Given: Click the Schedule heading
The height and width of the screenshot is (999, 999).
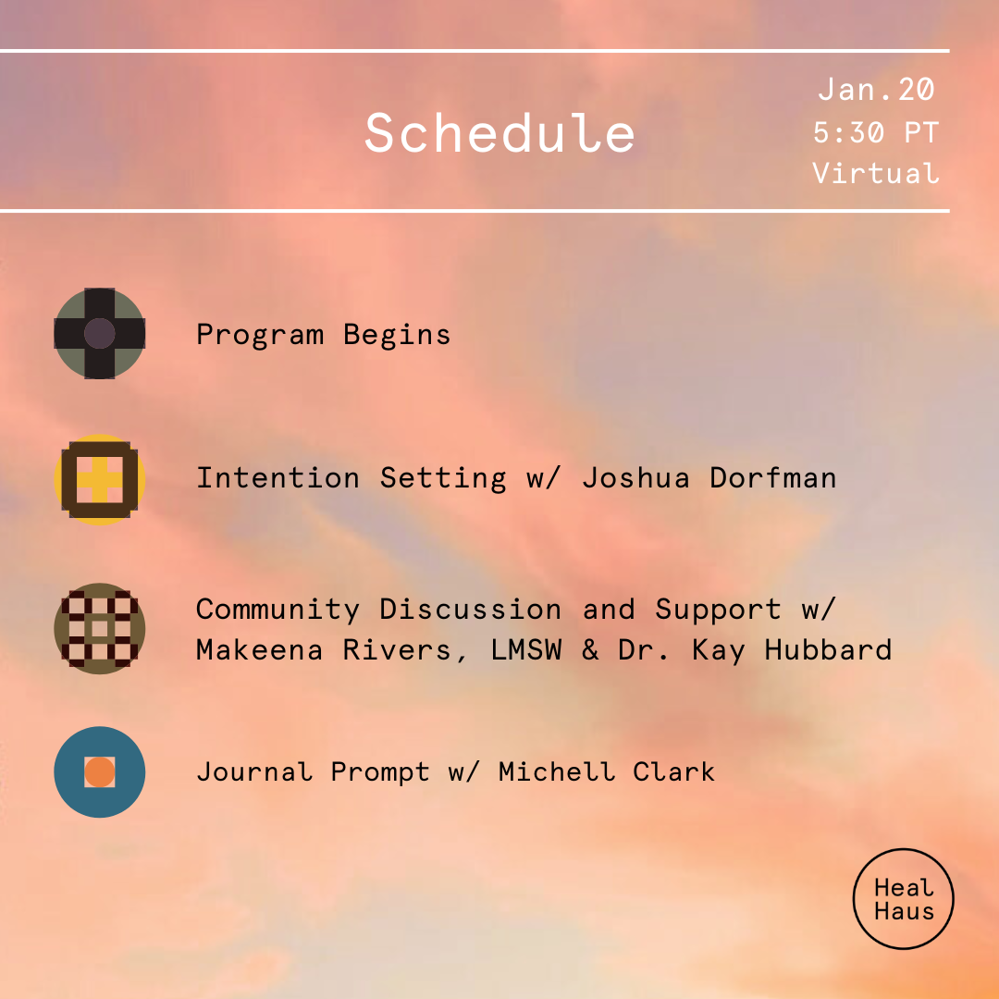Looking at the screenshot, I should click(499, 132).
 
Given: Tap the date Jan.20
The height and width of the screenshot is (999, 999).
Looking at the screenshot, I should click(876, 90).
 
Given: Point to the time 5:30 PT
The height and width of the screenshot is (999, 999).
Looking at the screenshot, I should click(875, 132).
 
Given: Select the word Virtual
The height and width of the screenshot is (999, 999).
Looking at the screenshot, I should click(875, 173).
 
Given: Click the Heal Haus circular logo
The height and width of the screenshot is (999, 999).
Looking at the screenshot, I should click(903, 899).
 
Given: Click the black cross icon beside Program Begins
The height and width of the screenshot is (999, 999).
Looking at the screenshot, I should click(100, 333).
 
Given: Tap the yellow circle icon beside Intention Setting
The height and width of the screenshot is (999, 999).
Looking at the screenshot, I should click(100, 479).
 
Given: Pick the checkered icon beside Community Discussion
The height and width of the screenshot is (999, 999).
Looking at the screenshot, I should click(100, 629).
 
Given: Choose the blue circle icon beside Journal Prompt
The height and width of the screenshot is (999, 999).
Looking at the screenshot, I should click(100, 771).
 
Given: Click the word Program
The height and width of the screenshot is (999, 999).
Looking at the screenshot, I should click(260, 334).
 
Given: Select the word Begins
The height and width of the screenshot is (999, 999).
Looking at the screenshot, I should click(397, 334).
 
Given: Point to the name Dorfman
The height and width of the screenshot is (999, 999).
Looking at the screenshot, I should click(773, 478).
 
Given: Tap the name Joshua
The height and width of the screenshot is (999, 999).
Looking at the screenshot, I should click(636, 478).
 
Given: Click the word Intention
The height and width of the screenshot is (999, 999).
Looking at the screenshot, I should click(277, 478).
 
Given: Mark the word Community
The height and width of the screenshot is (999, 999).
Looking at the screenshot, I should click(277, 610).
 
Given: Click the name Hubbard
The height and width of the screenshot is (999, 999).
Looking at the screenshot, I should click(828, 650).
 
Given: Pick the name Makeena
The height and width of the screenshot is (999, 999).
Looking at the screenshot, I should click(260, 650).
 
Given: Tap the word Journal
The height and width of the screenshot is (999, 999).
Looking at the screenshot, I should click(254, 771).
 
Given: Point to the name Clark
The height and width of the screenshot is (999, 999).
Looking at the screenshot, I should click(673, 771).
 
